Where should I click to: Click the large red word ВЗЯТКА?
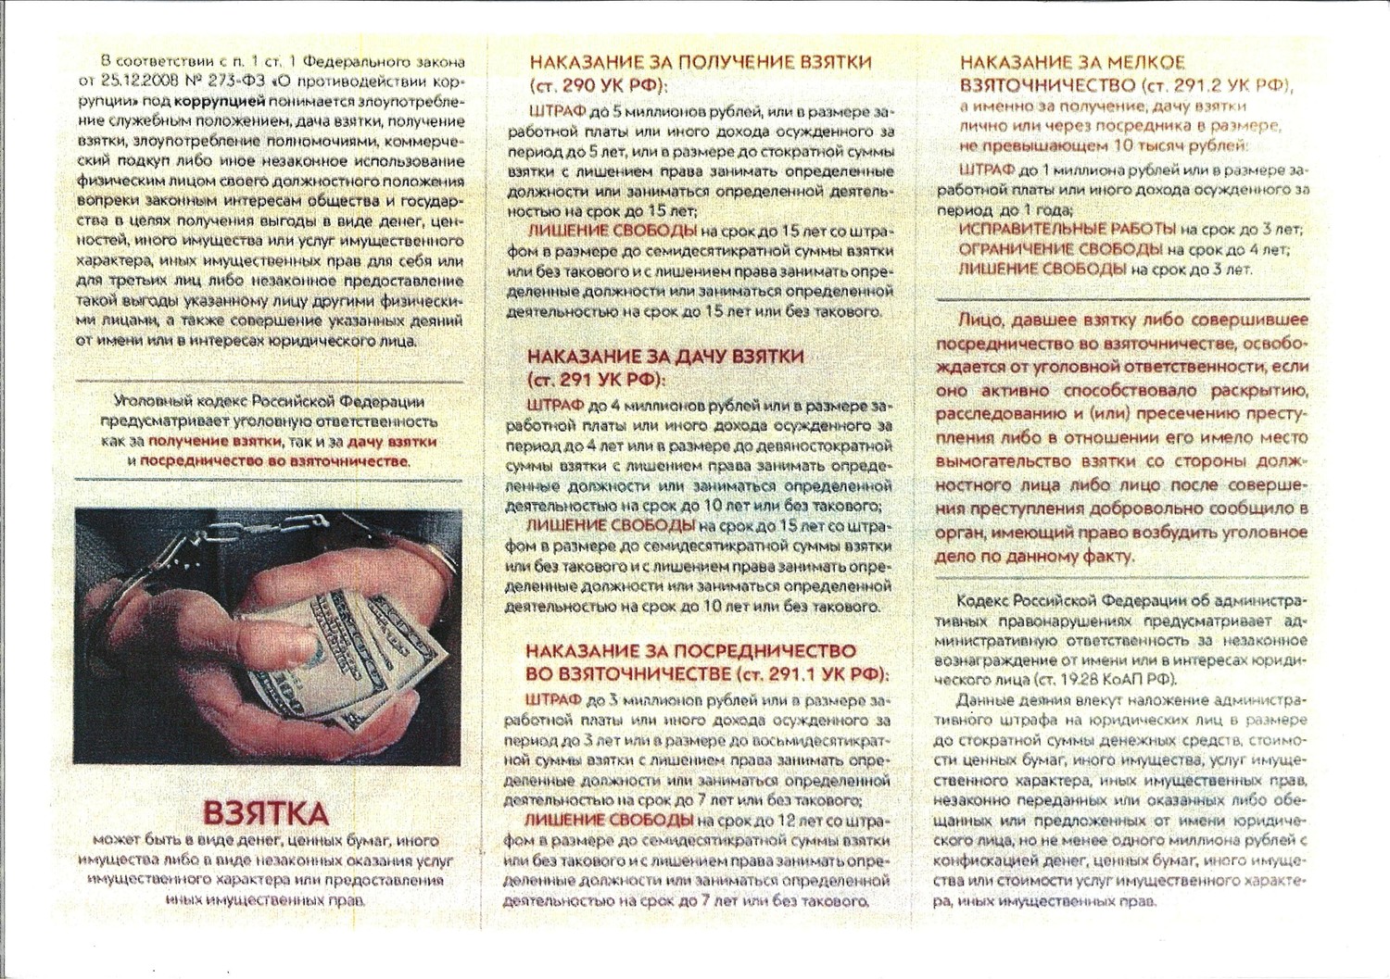[265, 813]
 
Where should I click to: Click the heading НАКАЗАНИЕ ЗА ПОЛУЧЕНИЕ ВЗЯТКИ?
[700, 62]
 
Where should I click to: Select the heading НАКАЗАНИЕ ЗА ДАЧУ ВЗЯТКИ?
[664, 357]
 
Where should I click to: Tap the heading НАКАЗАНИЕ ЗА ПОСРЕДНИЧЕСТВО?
[690, 651]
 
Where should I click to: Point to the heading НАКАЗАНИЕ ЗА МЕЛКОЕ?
[1072, 63]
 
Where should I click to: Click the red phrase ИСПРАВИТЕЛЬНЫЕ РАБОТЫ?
[1067, 229]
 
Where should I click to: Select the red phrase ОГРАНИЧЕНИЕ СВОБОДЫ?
[1060, 249]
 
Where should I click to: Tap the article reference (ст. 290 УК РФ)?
[599, 86]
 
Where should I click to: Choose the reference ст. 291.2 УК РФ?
[1215, 85]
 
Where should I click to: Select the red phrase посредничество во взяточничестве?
[273, 461]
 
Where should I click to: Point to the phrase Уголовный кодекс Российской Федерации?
[269, 402]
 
